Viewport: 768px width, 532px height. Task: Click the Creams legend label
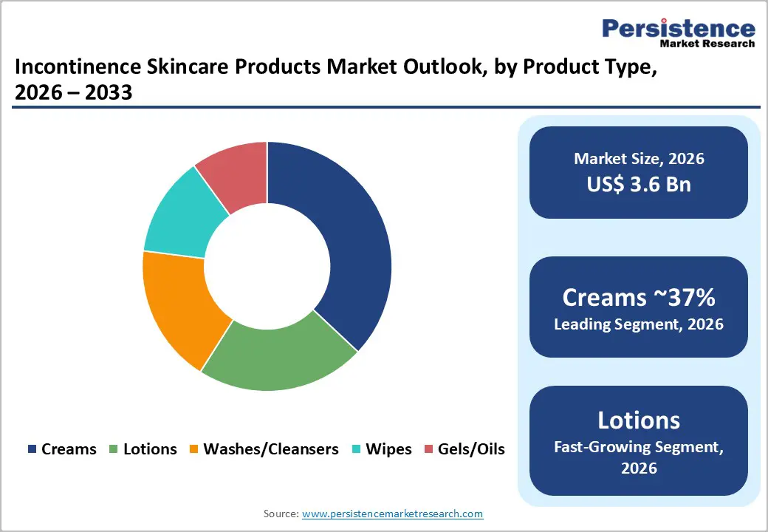69,449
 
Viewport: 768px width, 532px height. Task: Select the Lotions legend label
150,449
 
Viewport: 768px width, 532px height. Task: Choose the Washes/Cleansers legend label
270,449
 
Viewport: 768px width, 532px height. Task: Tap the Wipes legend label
388,449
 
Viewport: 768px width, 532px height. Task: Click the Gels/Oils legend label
471,449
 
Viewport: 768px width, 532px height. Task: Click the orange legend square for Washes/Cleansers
194,449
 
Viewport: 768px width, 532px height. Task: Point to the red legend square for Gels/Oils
429,449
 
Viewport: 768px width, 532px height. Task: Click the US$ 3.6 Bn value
639,184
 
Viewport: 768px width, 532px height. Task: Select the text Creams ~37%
639,298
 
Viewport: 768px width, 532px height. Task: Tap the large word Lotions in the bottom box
639,420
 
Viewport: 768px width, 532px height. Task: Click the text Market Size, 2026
639,159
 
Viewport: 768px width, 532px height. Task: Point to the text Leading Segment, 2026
639,324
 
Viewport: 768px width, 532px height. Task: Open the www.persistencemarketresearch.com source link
392,514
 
